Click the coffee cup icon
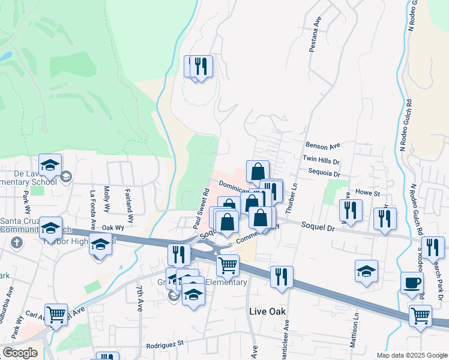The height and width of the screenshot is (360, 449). pos(412,283)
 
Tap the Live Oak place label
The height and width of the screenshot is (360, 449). pos(267,311)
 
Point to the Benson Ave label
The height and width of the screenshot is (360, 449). pos(322,145)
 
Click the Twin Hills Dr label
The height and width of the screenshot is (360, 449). pos(321,161)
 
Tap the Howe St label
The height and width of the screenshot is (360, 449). pos(369,194)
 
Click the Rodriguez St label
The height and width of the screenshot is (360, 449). pos(164,347)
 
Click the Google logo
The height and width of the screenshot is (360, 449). pos(20,352)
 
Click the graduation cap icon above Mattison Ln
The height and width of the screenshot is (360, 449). pos(366,271)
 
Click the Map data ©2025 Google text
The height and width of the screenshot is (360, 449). pos(412,356)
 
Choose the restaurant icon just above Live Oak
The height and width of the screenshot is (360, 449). pos(282,277)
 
